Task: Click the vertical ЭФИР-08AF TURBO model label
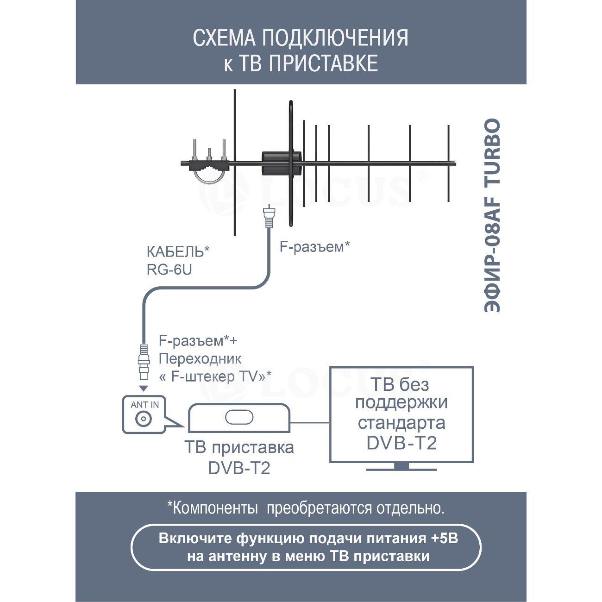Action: pos(493,216)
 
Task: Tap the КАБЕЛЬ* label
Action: pos(178,252)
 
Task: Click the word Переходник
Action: pos(200,358)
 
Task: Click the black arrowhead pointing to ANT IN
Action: pos(144,387)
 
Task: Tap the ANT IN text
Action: pos(144,405)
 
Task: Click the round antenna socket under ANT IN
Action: pos(143,419)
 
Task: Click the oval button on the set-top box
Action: pos(239,417)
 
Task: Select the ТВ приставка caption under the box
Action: pos(239,448)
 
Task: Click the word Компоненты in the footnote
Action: pos(215,508)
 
